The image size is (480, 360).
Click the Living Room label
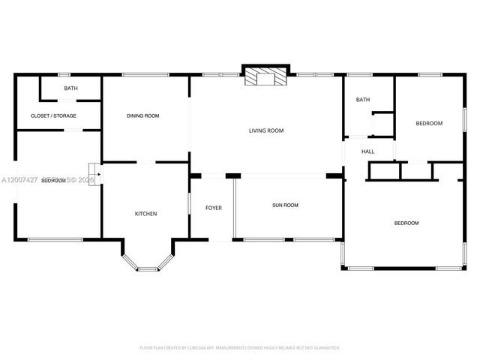(266, 130)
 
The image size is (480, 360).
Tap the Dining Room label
(142, 115)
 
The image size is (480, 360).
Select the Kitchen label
(145, 214)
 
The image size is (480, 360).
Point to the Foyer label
(214, 207)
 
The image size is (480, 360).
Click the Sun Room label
(285, 205)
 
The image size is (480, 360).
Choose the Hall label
(368, 151)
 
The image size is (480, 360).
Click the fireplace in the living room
(265, 76)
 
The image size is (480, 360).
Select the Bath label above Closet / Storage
(70, 88)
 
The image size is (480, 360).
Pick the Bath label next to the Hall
(363, 100)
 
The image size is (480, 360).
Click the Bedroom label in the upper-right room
(430, 123)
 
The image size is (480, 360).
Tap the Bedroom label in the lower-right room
(406, 223)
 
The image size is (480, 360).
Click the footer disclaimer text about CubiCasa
(240, 347)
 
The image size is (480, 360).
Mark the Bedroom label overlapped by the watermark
(52, 181)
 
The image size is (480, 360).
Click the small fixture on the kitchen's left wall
(94, 172)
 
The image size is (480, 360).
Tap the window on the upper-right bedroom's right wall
(464, 120)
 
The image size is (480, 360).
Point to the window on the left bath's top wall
(64, 74)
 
